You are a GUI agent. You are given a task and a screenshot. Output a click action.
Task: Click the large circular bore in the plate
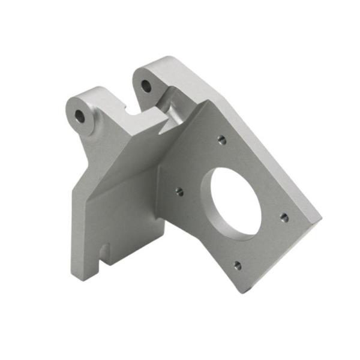[x=236, y=201]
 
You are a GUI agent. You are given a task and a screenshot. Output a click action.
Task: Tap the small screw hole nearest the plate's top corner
[x=221, y=140]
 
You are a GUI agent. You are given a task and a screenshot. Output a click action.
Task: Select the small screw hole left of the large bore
[x=179, y=192]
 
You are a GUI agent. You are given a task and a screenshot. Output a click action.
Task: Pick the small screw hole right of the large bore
[x=284, y=217]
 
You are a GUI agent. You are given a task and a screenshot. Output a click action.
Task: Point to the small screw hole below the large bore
[x=238, y=265]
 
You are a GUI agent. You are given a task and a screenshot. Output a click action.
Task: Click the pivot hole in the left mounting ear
[x=80, y=116]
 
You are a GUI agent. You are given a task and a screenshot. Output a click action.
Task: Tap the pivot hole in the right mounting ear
[x=146, y=86]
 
